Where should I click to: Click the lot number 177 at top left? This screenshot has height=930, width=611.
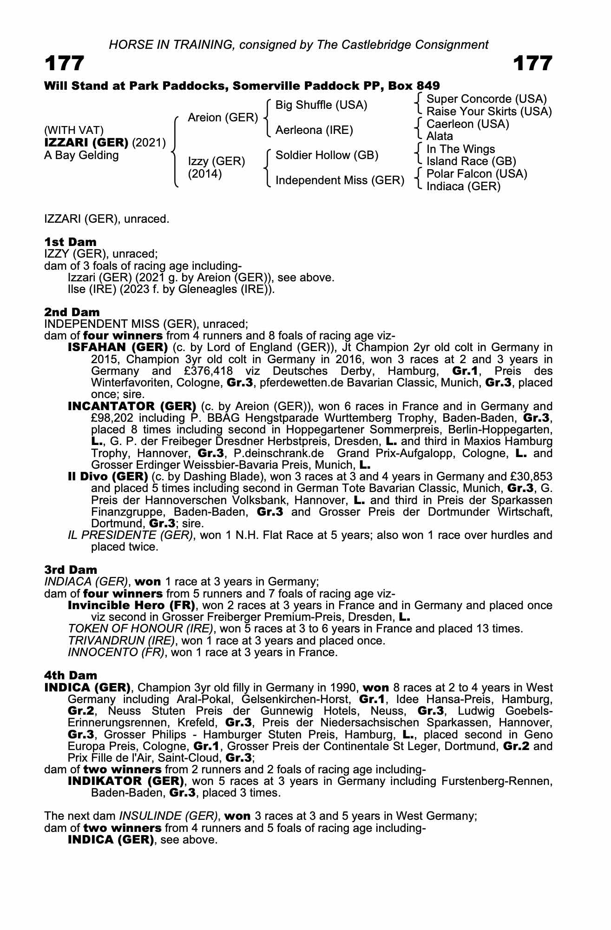click(x=65, y=63)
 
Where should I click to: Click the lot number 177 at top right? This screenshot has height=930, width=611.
click(x=533, y=63)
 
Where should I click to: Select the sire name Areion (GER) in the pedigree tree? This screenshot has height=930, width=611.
click(x=223, y=118)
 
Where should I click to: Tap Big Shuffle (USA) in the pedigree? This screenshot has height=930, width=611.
click(x=321, y=105)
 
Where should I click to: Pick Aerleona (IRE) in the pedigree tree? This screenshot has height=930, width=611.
click(x=314, y=130)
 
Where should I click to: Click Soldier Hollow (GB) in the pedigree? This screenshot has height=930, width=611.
click(x=327, y=155)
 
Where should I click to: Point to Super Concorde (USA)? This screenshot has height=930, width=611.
click(x=486, y=99)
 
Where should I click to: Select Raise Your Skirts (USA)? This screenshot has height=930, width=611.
click(x=489, y=112)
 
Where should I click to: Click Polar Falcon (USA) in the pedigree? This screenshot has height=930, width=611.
click(x=477, y=174)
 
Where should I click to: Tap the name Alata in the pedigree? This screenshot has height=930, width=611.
click(x=440, y=136)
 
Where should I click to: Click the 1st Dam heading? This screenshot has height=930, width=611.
click(x=71, y=242)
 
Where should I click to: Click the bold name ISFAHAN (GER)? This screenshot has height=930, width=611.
click(x=118, y=347)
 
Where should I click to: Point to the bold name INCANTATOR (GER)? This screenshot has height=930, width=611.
click(x=132, y=406)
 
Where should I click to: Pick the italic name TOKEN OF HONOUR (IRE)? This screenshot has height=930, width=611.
click(x=141, y=629)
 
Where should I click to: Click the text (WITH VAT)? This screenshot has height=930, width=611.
click(x=74, y=131)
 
